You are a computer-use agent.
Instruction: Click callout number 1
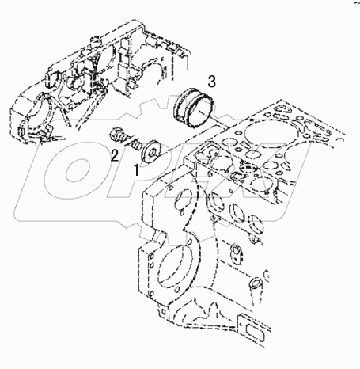136,170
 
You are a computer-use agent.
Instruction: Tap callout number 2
115,155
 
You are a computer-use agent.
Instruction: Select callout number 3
212,82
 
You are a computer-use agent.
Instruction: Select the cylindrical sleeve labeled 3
192,108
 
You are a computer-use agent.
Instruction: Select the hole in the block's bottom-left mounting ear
164,311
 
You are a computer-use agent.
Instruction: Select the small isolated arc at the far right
341,139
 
